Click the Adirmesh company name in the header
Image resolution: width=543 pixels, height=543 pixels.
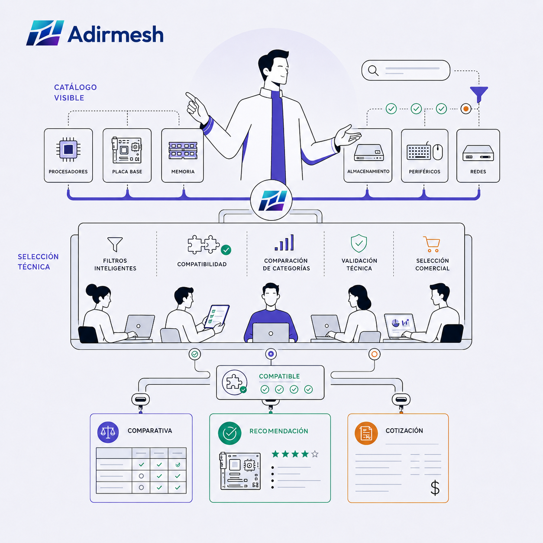[116, 34]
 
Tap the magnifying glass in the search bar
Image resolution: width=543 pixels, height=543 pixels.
[373, 71]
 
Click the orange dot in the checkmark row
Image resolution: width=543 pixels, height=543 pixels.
[466, 109]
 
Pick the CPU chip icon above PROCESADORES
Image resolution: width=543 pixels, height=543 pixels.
[68, 149]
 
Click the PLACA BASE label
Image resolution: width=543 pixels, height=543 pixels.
[127, 171]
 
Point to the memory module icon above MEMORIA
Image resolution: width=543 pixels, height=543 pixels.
[183, 151]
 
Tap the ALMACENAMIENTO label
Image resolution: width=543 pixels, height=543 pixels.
[368, 171]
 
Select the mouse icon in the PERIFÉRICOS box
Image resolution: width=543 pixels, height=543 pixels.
[438, 152]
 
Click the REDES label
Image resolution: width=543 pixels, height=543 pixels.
[478, 171]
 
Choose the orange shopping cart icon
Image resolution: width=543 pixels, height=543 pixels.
[432, 244]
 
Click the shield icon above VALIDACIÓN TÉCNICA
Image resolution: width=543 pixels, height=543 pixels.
[359, 243]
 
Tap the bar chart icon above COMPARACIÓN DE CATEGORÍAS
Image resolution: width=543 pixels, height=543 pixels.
[284, 242]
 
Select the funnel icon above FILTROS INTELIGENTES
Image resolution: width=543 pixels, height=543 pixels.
[115, 244]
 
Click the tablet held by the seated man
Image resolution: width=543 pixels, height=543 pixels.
[217, 317]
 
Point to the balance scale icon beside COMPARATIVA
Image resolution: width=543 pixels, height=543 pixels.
[108, 432]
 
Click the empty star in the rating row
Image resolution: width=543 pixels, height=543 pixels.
[315, 454]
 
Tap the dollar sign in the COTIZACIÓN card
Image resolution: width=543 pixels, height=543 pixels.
[435, 488]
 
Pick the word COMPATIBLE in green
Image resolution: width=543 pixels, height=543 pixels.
[279, 376]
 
